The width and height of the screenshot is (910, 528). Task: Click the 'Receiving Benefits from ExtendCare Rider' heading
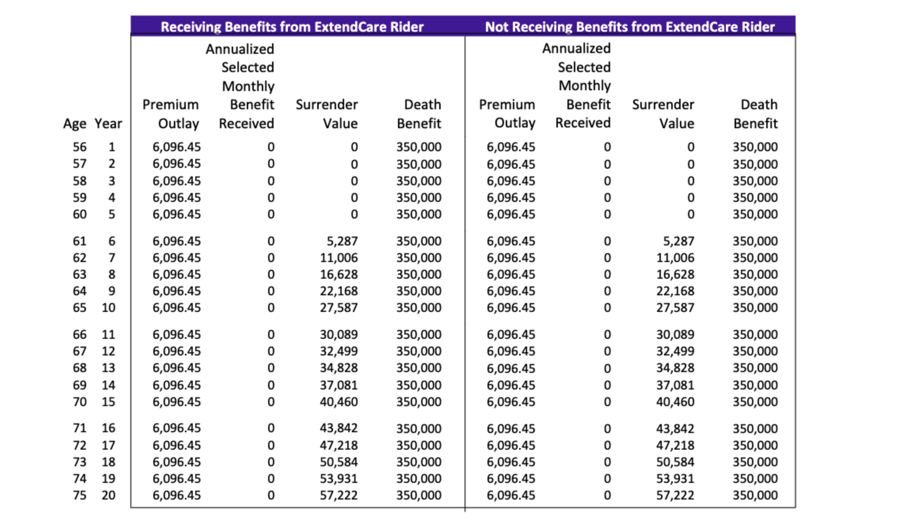[x=292, y=27]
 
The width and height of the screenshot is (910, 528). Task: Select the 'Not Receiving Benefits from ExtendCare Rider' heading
[x=630, y=27]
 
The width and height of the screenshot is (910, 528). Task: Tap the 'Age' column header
[x=75, y=124]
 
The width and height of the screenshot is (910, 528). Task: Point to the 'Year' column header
[x=108, y=123]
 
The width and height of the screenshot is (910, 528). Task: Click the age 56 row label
[x=80, y=147]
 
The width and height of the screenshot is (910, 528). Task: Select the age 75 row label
[x=80, y=496]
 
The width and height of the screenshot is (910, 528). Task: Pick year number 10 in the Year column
[x=109, y=308]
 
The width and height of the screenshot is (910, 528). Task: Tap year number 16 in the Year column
[x=109, y=428]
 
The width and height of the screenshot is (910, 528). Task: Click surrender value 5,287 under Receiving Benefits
[x=342, y=241]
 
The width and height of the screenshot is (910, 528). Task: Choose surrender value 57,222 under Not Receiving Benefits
[x=675, y=496]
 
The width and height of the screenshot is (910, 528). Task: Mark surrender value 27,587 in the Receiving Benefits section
[x=339, y=308]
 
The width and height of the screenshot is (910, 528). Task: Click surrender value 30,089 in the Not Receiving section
[x=675, y=335]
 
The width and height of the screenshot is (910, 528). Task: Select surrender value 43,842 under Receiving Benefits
[x=339, y=428]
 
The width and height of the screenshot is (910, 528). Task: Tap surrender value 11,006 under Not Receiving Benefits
[x=675, y=258]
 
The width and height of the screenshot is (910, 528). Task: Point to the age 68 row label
[x=80, y=368]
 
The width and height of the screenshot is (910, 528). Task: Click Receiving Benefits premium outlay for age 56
[x=177, y=147]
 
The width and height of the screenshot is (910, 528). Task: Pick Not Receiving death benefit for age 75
[x=755, y=496]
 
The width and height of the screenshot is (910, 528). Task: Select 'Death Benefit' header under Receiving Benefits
[x=419, y=114]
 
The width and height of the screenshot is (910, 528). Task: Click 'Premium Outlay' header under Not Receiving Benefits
[x=507, y=114]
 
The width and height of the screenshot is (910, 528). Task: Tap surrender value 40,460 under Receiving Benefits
[x=339, y=402]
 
